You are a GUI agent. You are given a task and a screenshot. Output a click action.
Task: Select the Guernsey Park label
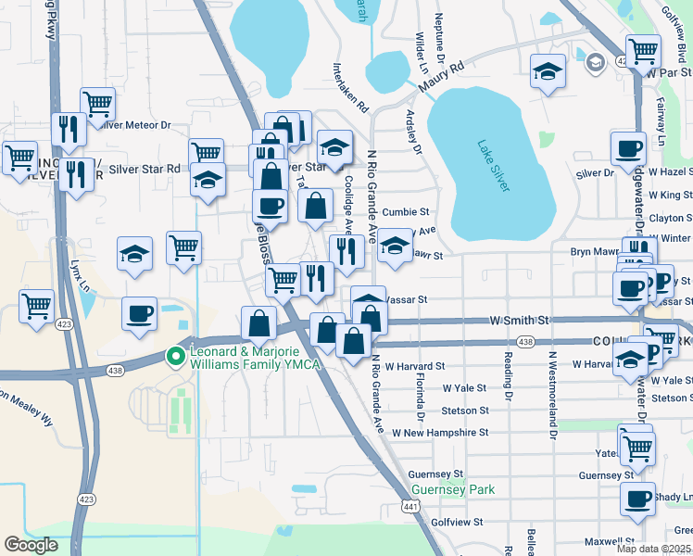pyautogui.click(x=453, y=489)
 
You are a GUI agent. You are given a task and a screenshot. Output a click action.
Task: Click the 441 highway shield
pyautogui.click(x=410, y=505)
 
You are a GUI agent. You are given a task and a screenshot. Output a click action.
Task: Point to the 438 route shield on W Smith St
pyautogui.click(x=526, y=342)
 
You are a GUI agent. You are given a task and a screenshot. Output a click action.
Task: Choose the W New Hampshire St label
pyautogui.click(x=439, y=433)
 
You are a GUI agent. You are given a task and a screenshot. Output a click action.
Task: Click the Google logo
pyautogui.click(x=31, y=545)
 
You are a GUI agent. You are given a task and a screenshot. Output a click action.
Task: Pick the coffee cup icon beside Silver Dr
pyautogui.click(x=628, y=147)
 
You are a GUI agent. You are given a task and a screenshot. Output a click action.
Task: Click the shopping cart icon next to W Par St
pyautogui.click(x=642, y=50)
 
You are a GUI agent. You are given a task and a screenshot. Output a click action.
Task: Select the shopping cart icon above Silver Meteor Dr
pyautogui.click(x=96, y=103)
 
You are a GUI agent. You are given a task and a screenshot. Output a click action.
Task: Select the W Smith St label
pyautogui.click(x=519, y=321)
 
